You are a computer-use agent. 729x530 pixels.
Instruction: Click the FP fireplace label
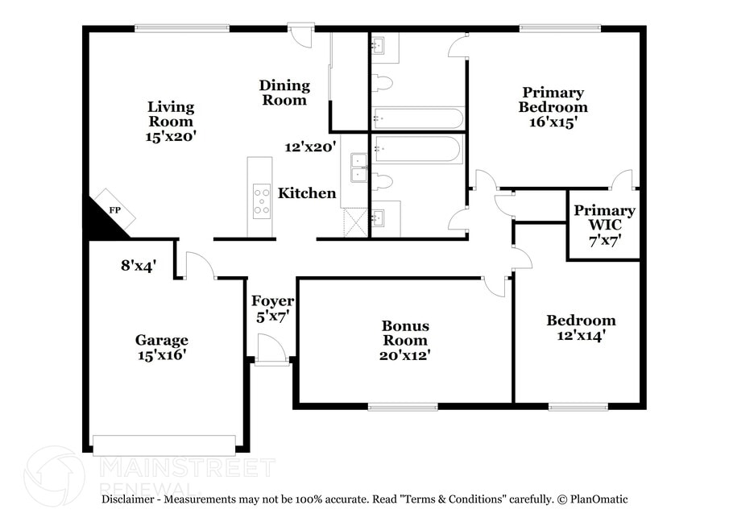[x=115, y=210]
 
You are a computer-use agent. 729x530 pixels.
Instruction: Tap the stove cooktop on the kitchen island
[x=262, y=201]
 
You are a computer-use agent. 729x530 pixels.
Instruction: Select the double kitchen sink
[x=359, y=168]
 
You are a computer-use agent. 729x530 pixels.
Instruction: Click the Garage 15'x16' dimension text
[x=162, y=355]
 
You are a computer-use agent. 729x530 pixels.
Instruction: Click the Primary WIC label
[x=604, y=217]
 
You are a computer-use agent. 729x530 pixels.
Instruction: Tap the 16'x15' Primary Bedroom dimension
[x=553, y=122]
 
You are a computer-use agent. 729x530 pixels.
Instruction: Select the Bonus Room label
[x=405, y=333]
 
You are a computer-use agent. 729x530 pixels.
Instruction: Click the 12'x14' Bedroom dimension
[x=581, y=335]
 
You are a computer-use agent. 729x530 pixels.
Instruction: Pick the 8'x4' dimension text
[x=139, y=266]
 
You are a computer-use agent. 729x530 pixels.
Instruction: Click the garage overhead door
[x=164, y=445]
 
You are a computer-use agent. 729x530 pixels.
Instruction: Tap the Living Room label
[x=171, y=114]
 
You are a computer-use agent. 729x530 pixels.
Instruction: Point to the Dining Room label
[x=284, y=93]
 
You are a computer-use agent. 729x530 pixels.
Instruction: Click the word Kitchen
[x=307, y=193]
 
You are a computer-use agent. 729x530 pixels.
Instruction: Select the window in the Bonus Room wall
[x=403, y=408]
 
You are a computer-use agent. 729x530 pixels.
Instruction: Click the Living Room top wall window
[x=182, y=28]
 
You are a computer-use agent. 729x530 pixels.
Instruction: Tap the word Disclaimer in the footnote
[x=128, y=499]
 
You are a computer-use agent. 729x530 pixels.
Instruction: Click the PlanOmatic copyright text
[x=592, y=499]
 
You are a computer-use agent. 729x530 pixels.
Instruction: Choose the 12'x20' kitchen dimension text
[x=310, y=147]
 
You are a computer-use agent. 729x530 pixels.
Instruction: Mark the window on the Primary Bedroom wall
[x=560, y=28]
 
